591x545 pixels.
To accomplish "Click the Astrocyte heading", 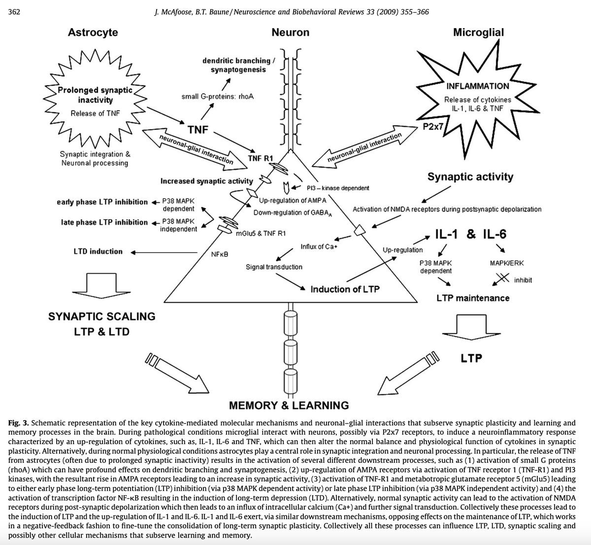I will tap(93, 32).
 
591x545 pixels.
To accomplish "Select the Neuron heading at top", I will tap(291, 32).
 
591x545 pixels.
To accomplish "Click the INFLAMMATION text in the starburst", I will tap(478, 86).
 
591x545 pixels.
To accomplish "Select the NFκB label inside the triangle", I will tap(219, 254).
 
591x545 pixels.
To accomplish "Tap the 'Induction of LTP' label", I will tap(345, 289).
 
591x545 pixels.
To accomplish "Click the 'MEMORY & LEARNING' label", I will tap(289, 406).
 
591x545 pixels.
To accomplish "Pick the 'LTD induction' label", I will tap(98, 252).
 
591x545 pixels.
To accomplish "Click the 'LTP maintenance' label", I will tap(473, 298).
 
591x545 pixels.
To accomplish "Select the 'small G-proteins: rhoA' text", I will tap(218, 96).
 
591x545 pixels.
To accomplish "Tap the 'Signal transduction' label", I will tap(274, 267).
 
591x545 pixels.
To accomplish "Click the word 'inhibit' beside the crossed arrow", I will tap(523, 280).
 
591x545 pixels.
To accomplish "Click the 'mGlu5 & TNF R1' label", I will tap(261, 234).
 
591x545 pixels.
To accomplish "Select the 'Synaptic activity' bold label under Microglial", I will tap(470, 177).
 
